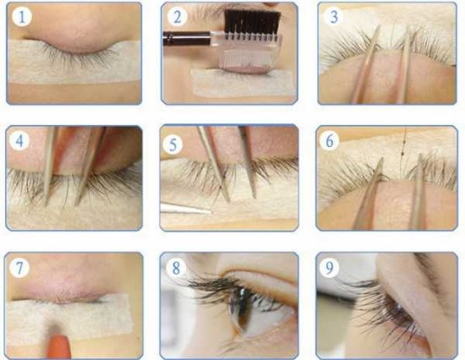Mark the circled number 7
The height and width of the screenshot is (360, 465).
coord(19,267)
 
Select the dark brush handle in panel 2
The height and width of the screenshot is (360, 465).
coord(182,38)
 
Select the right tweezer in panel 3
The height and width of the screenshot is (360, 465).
coord(407,68)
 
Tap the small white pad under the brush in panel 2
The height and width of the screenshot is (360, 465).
coord(228,83)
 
